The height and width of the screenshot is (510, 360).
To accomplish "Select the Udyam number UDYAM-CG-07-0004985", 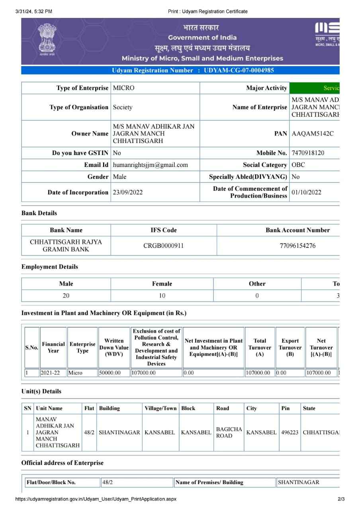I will (239, 71).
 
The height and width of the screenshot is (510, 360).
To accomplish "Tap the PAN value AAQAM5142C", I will (313, 134).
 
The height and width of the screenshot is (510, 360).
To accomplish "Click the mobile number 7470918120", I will (308, 153).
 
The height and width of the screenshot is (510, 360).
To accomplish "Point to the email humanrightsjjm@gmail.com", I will (150, 165).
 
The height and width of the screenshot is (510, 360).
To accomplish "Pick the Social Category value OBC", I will (299, 165).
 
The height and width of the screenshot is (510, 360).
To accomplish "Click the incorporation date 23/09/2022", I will (128, 192).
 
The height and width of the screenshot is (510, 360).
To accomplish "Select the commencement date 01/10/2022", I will (306, 192).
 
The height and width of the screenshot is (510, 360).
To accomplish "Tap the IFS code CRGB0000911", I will (163, 246).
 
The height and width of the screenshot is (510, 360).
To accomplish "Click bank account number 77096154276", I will (297, 246).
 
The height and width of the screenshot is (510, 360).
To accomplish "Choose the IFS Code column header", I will (163, 230).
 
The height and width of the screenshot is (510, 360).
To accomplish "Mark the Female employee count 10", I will (162, 296).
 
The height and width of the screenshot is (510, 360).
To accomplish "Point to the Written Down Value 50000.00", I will (110, 373).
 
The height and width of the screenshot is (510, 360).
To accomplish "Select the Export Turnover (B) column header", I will (290, 347).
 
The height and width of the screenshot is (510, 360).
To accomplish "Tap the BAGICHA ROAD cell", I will (229, 432).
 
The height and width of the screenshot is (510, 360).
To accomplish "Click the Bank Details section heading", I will (39, 213).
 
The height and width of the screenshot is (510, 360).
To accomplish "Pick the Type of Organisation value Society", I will (123, 107).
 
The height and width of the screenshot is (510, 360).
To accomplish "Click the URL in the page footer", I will (96, 499).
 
